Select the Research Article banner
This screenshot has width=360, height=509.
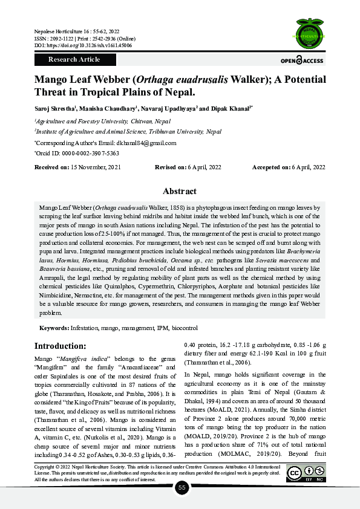pos(74,60)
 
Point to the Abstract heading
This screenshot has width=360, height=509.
pos(180,191)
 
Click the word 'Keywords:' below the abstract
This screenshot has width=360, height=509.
pos(54,328)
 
